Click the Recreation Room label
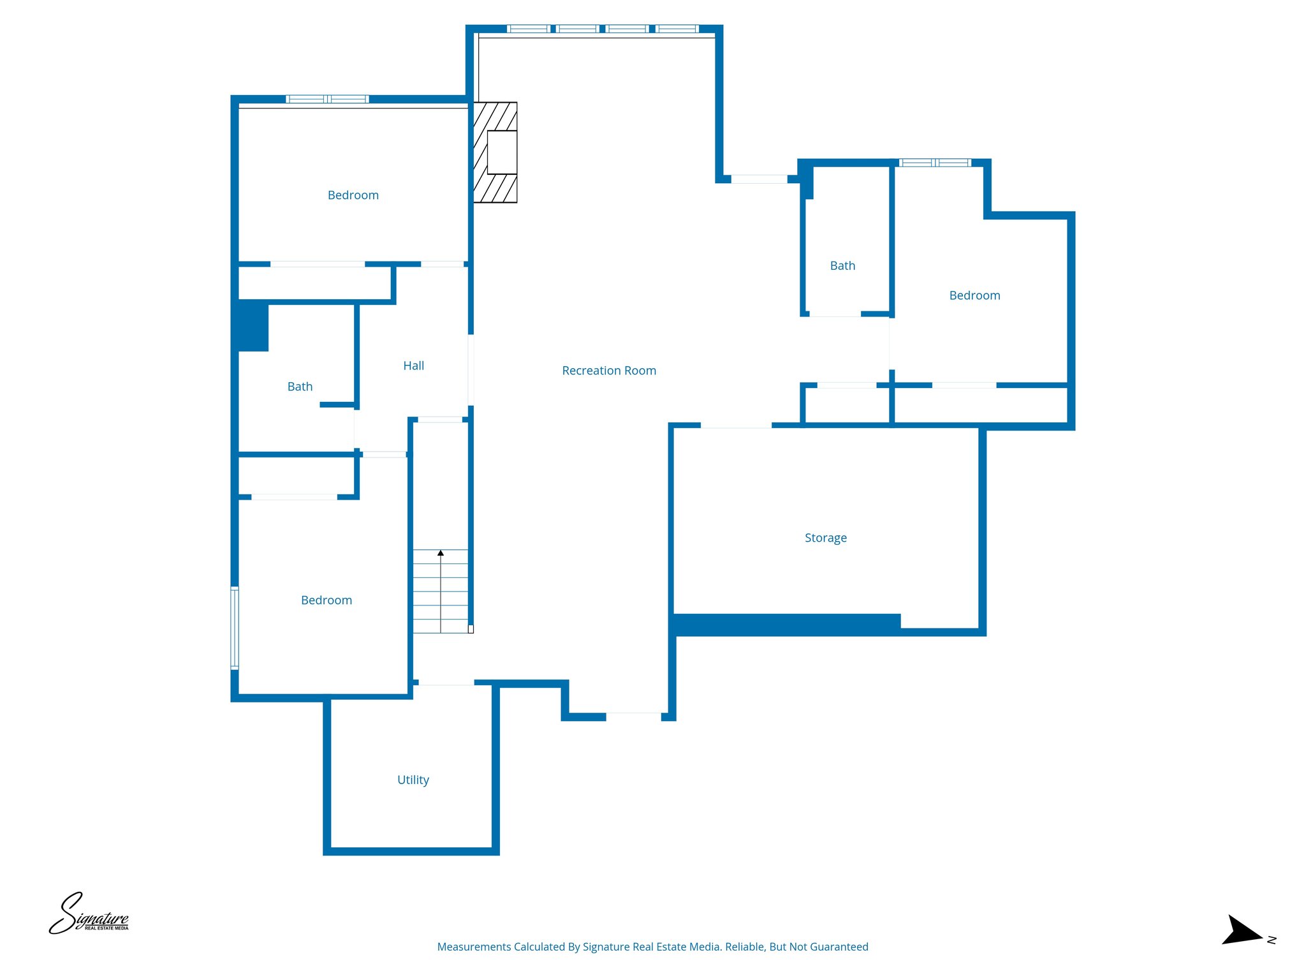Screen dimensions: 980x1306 (x=609, y=371)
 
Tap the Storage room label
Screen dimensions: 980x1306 (x=825, y=538)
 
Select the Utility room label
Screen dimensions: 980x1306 (x=413, y=780)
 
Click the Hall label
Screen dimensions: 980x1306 (x=413, y=366)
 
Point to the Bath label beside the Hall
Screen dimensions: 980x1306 (x=300, y=387)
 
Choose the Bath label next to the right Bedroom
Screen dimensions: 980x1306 (x=842, y=266)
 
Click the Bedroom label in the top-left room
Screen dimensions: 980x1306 (x=353, y=195)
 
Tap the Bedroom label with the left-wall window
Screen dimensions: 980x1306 (x=326, y=600)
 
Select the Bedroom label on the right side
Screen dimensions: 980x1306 (x=974, y=295)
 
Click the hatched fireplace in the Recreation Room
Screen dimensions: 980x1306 (x=495, y=152)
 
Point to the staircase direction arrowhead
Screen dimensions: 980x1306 (x=440, y=553)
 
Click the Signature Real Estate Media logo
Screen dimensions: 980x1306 (x=89, y=914)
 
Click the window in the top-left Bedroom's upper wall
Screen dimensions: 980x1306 (x=327, y=99)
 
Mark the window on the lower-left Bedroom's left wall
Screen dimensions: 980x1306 (x=235, y=628)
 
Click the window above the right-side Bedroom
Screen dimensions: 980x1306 (x=935, y=163)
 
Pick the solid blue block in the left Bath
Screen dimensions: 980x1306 (x=253, y=326)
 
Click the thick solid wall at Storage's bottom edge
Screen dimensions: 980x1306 (x=786, y=625)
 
